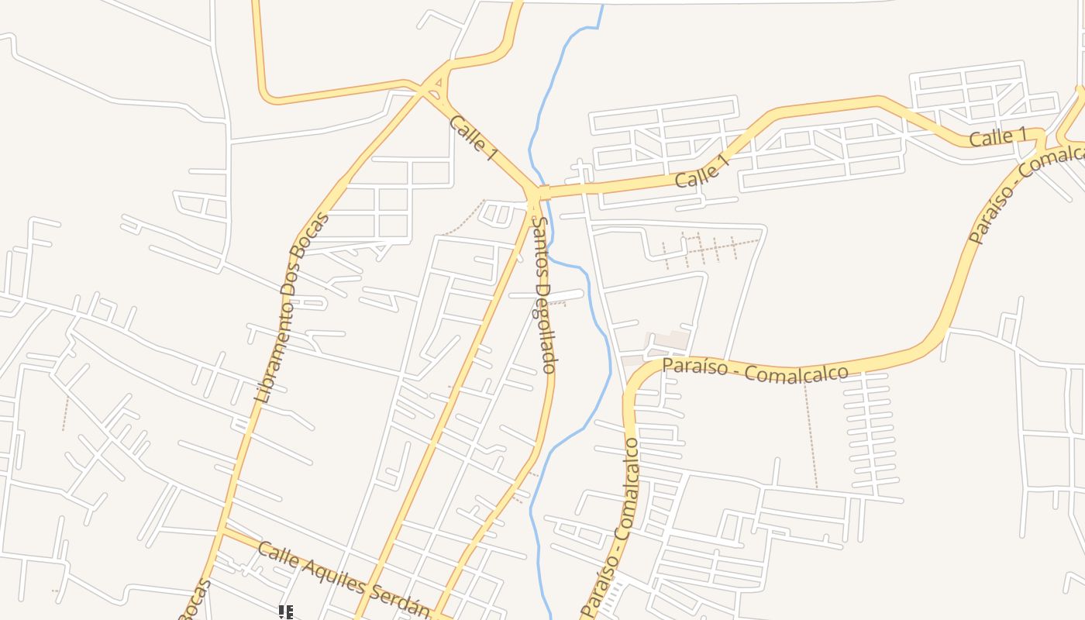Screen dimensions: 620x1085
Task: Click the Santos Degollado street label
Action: coord(546,295)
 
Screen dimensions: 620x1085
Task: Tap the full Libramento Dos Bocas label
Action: coord(291,308)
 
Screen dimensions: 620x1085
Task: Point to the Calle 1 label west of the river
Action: coord(472,138)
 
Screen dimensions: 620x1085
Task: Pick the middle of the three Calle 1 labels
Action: coord(702,171)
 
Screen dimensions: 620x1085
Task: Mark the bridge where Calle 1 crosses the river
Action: coord(544,191)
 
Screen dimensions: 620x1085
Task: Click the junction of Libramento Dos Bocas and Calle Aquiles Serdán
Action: coord(223,530)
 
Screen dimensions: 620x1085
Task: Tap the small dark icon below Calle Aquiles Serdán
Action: coord(286,612)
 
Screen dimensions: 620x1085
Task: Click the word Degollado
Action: coord(549,329)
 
